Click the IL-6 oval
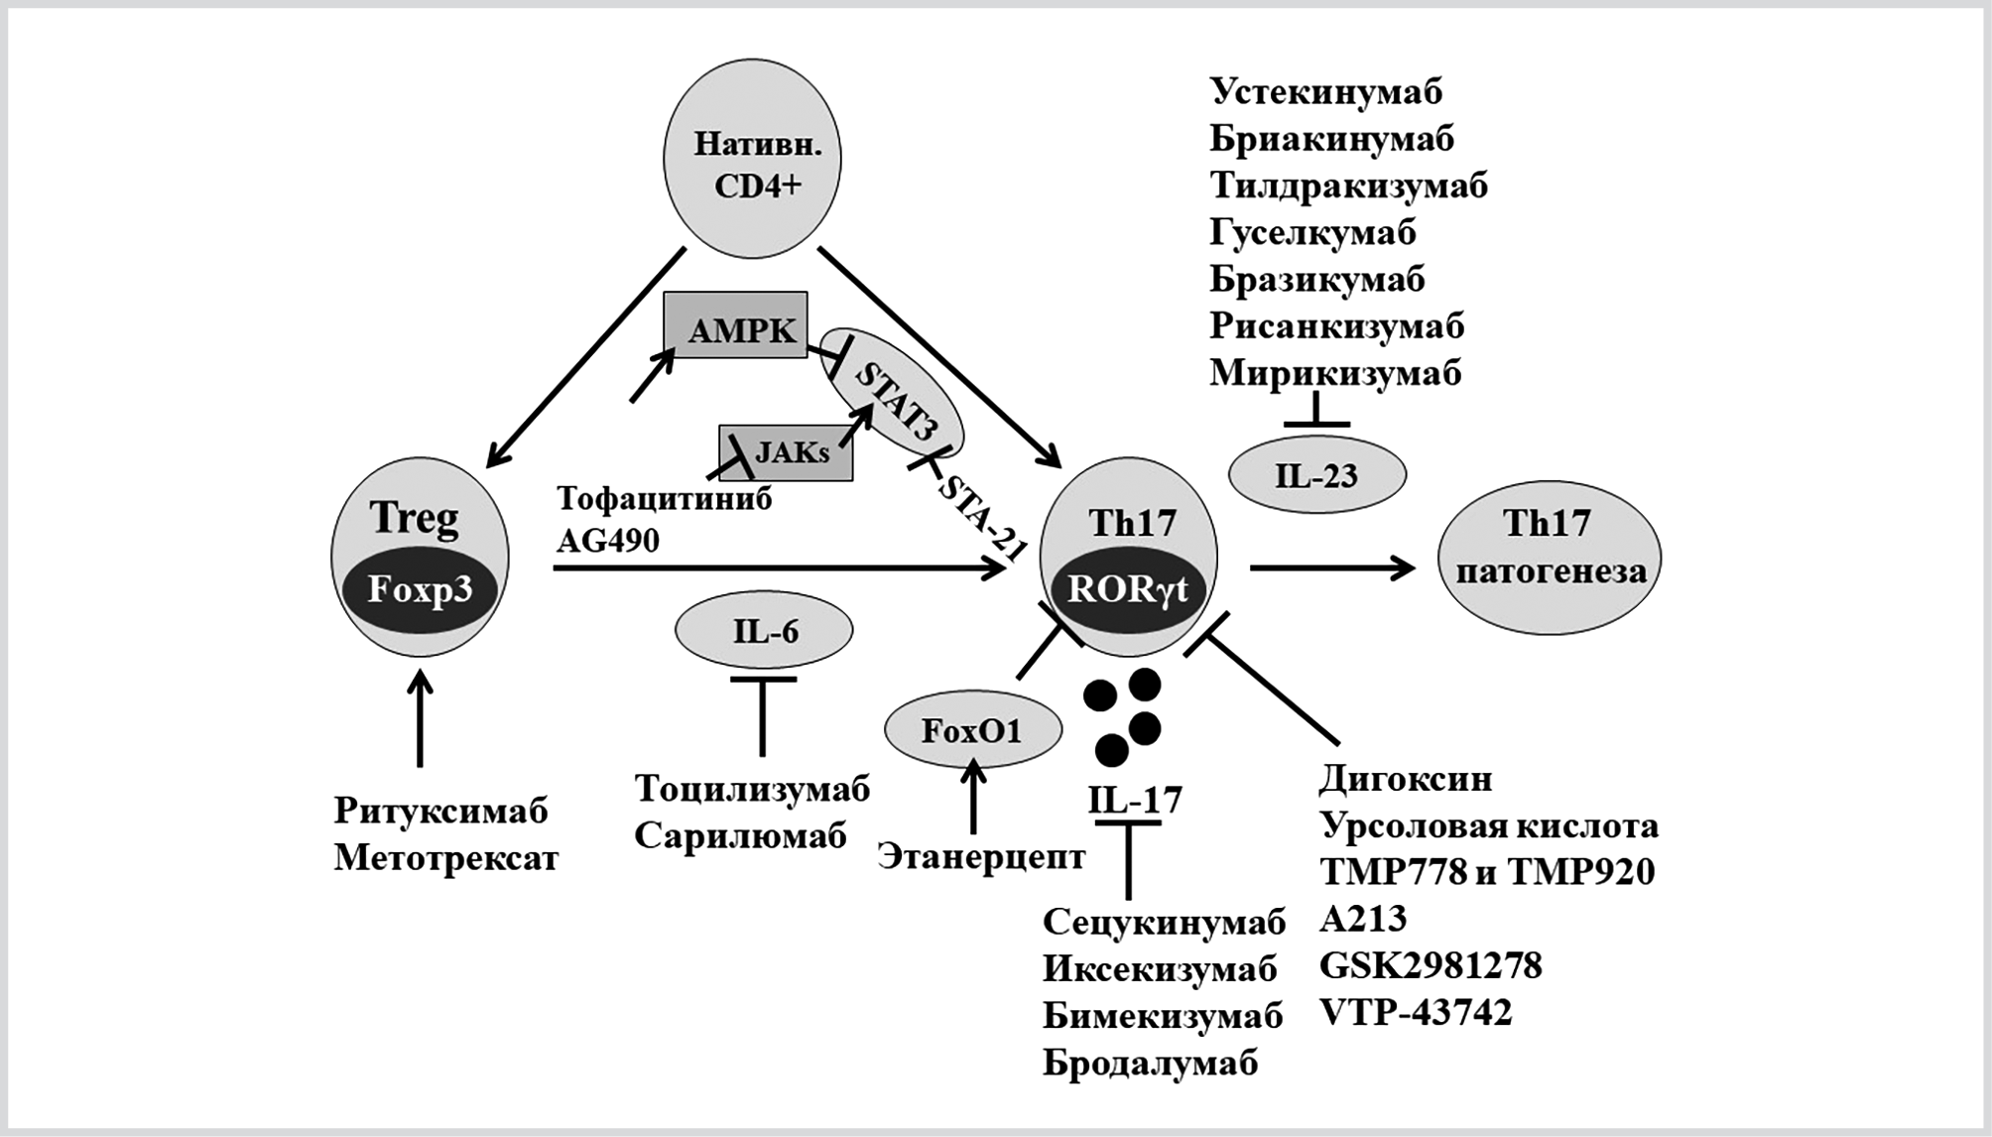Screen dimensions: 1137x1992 click(764, 631)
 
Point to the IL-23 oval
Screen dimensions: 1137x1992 click(1316, 475)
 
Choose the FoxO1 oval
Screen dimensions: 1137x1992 click(972, 731)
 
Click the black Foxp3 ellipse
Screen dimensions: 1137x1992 click(420, 589)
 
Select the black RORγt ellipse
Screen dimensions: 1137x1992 click(1128, 590)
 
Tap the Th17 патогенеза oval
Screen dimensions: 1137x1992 click(1549, 548)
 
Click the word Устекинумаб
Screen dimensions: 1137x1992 click(1325, 91)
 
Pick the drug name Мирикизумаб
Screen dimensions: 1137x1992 click(1335, 373)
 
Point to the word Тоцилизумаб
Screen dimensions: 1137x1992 click(752, 789)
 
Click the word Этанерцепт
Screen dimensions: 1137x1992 click(981, 856)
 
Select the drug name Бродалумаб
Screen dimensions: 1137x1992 click(1150, 1063)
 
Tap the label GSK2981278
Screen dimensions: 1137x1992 click(1431, 965)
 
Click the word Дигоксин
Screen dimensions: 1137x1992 click(1405, 779)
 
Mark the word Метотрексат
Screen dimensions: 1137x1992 click(445, 858)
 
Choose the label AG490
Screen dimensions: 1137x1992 click(607, 541)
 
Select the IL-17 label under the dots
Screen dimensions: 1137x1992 click(1135, 800)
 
